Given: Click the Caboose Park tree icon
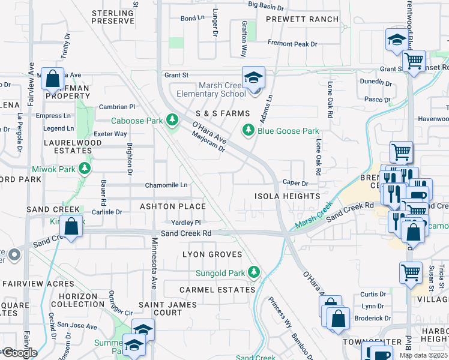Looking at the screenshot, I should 173,120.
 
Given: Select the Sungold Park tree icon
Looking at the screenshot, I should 255,273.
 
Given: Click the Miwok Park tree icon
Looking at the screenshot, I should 85,169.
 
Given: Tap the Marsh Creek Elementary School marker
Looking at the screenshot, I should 254,79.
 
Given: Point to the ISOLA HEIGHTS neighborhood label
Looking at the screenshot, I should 287,196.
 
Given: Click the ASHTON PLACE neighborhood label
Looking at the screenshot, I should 173,206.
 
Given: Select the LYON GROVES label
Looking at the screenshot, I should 212,254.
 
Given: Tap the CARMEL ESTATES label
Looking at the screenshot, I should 217,290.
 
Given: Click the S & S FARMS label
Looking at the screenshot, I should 222,113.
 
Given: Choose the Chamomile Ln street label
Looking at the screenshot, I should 166,185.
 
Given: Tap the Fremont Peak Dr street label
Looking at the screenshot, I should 292,44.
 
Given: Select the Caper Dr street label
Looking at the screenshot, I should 295,183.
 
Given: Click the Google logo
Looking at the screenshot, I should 19,353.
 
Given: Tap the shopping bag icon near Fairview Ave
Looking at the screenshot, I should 53,79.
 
